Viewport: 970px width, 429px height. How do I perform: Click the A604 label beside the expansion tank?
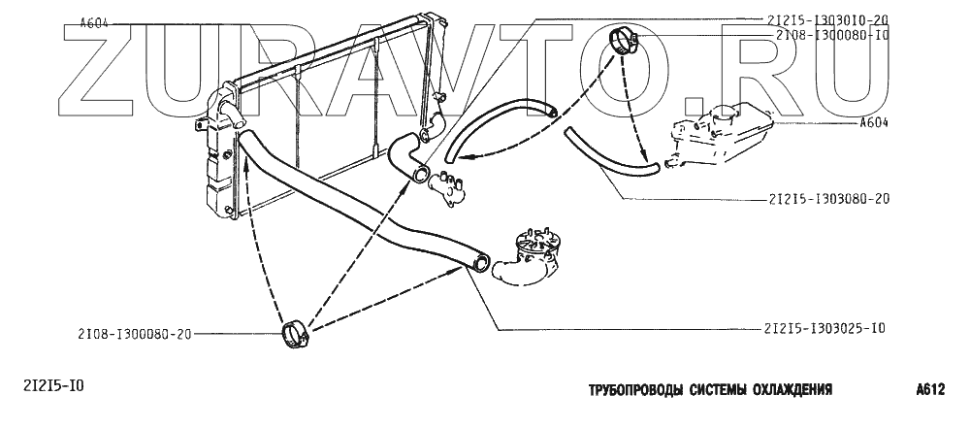click(x=876, y=123)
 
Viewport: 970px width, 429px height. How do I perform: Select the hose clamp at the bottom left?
click(x=294, y=336)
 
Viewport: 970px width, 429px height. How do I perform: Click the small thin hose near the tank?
click(x=606, y=155)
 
